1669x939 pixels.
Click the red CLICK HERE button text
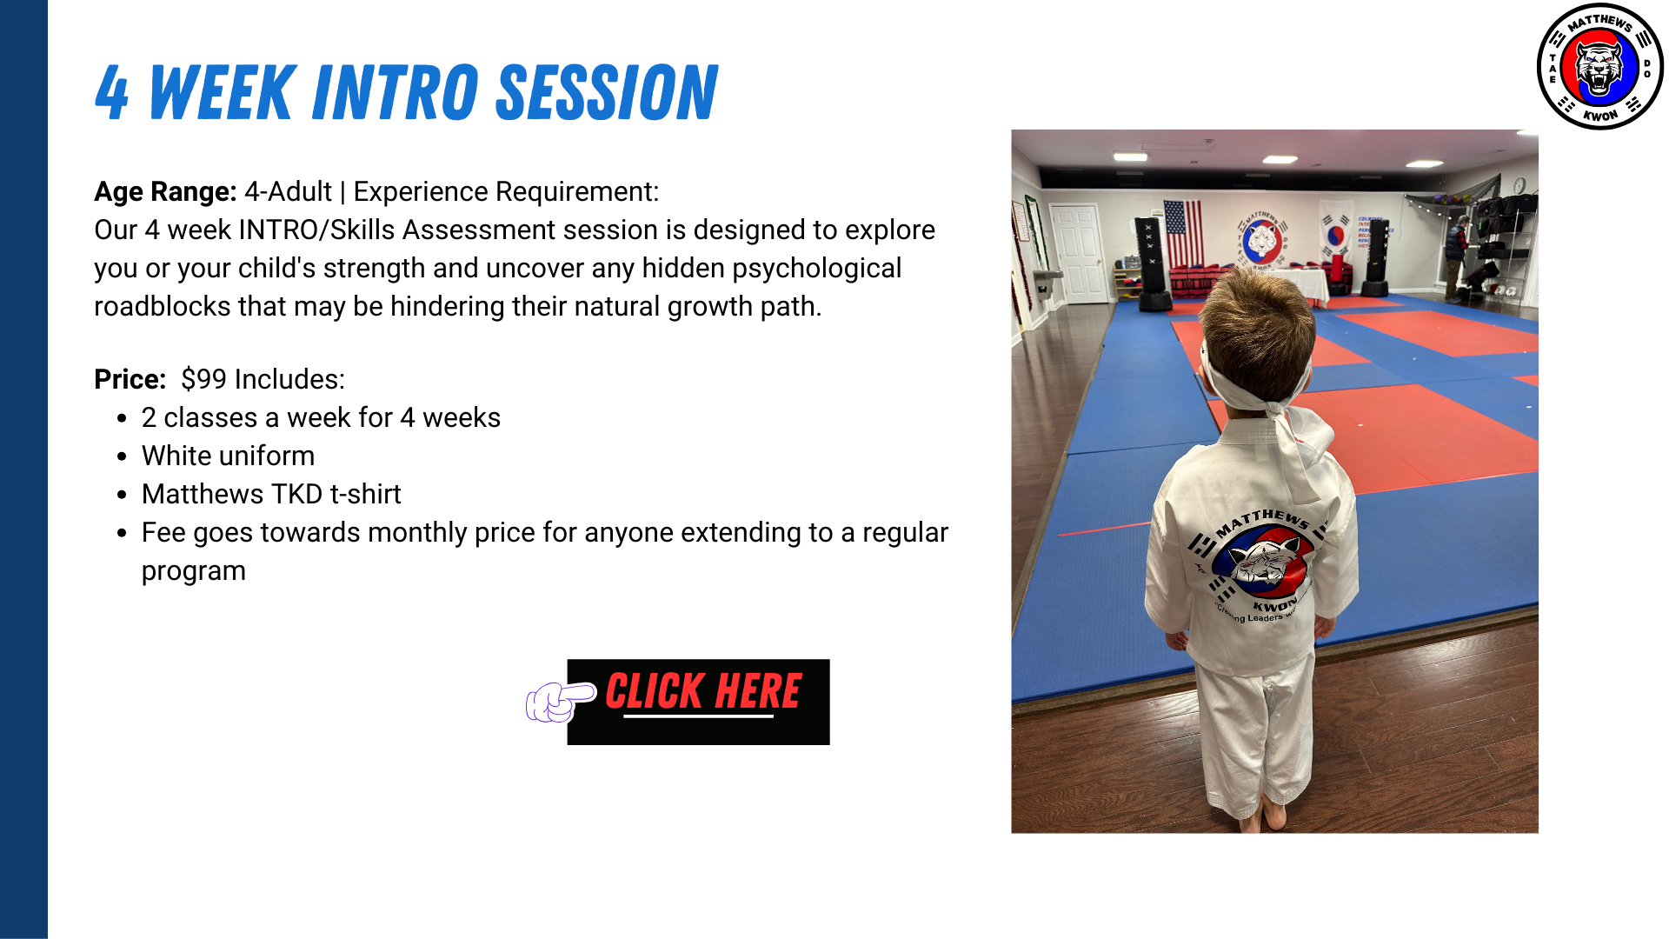pyautogui.click(x=702, y=691)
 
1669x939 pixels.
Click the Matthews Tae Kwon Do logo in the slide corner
pyautogui.click(x=1599, y=67)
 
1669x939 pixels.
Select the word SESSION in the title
pyautogui.click(x=607, y=92)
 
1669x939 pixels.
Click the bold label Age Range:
pyautogui.click(x=165, y=192)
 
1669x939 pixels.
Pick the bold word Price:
pyautogui.click(x=130, y=379)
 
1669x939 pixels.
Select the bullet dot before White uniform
pyautogui.click(x=122, y=456)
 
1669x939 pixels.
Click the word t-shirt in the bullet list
pyautogui.click(x=365, y=494)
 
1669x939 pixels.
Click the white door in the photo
pyautogui.click(x=1079, y=254)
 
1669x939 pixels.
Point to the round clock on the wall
pyautogui.click(x=1519, y=185)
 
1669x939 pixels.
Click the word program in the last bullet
pyautogui.click(x=194, y=571)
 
